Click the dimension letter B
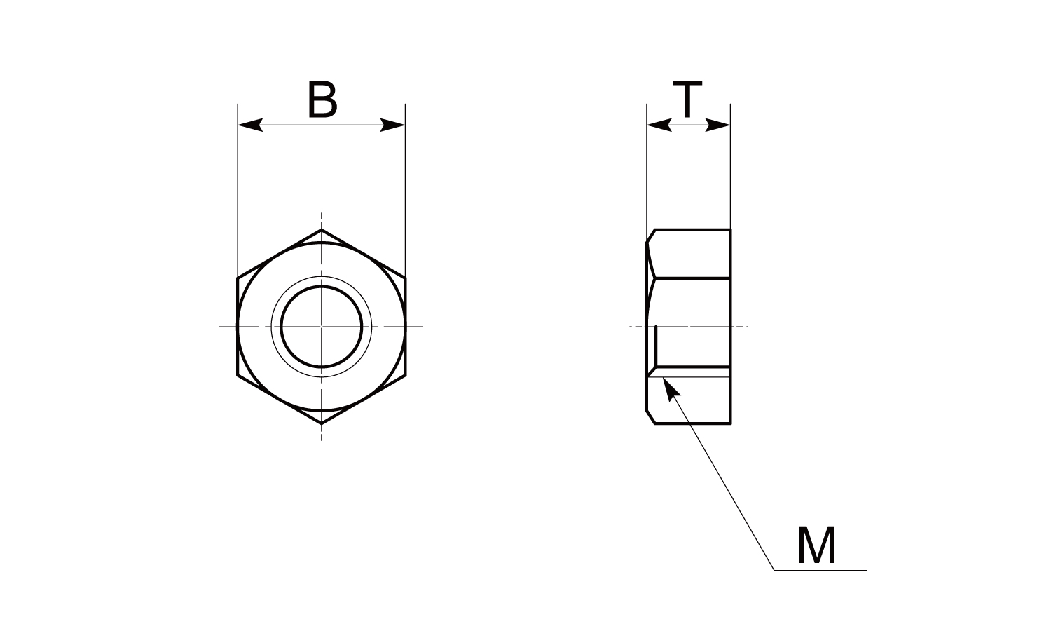322,100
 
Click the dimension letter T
687,99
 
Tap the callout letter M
816,545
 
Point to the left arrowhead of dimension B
250,125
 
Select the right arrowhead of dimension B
392,125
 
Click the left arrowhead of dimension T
659,125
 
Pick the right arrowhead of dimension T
718,125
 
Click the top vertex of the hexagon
322,229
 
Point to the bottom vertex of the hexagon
322,423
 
